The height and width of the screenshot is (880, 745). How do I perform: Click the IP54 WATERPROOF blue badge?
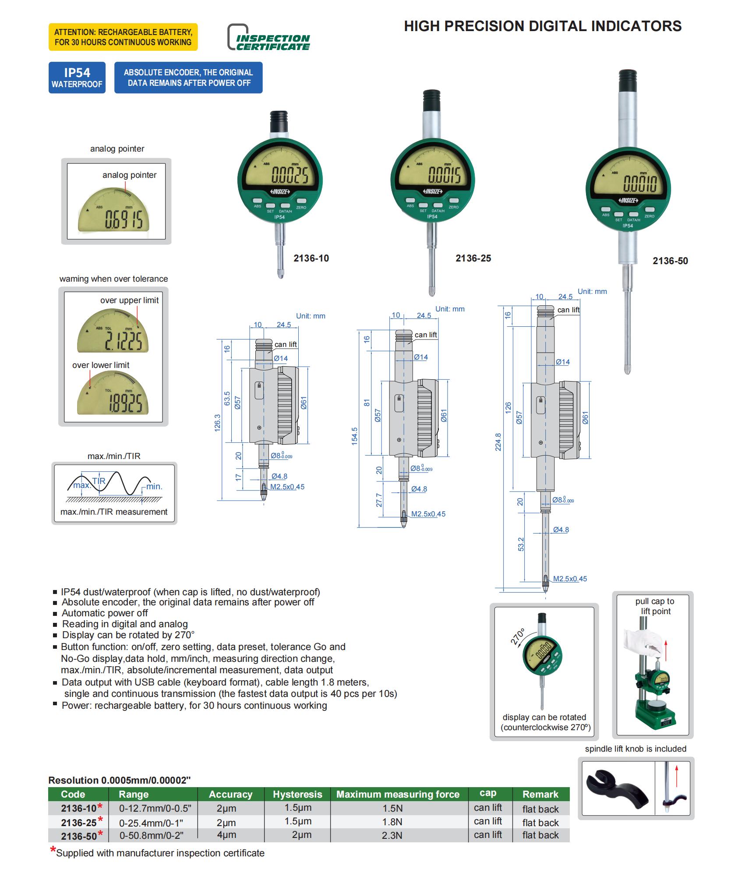point(77,78)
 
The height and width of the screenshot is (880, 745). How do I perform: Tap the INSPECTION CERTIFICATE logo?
point(268,38)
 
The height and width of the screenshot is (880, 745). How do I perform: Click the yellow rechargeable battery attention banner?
point(123,37)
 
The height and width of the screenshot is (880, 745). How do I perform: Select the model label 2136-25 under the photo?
point(473,258)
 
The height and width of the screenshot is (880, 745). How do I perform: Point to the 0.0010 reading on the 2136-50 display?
point(640,184)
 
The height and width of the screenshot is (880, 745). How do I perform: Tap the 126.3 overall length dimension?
point(218,423)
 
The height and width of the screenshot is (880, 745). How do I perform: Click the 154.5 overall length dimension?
point(354,436)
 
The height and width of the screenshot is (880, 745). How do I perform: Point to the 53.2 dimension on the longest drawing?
point(521,544)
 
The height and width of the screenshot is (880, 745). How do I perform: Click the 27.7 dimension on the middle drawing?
point(379,500)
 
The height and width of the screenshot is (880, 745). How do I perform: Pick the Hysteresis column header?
point(297,794)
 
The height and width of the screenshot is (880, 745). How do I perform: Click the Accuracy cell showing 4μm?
point(226,835)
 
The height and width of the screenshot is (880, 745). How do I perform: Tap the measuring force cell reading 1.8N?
point(392,822)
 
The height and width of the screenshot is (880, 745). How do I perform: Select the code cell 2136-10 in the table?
point(79,808)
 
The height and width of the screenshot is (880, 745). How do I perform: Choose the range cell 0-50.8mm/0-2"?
point(151,835)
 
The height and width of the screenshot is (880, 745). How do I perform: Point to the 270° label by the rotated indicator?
point(517,636)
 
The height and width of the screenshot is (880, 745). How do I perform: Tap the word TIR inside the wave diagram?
point(99,481)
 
